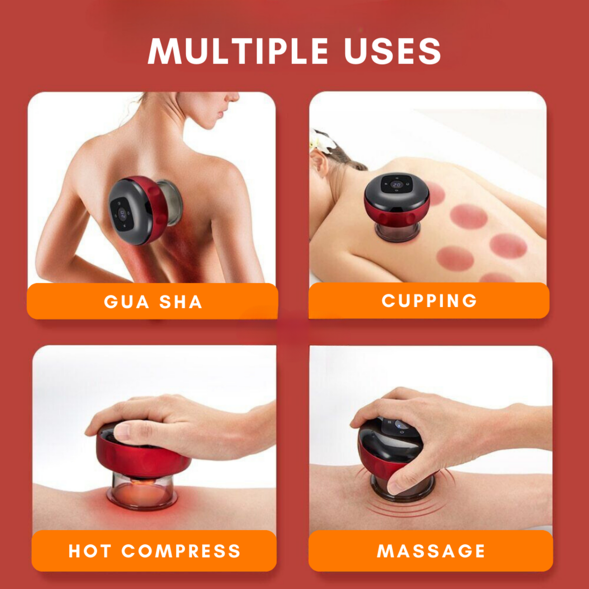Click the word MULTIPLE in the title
point(238,51)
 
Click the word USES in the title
point(393,51)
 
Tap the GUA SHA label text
point(153,302)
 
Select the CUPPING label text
point(429,301)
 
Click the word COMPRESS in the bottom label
point(181,551)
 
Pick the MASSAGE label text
point(431,551)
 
